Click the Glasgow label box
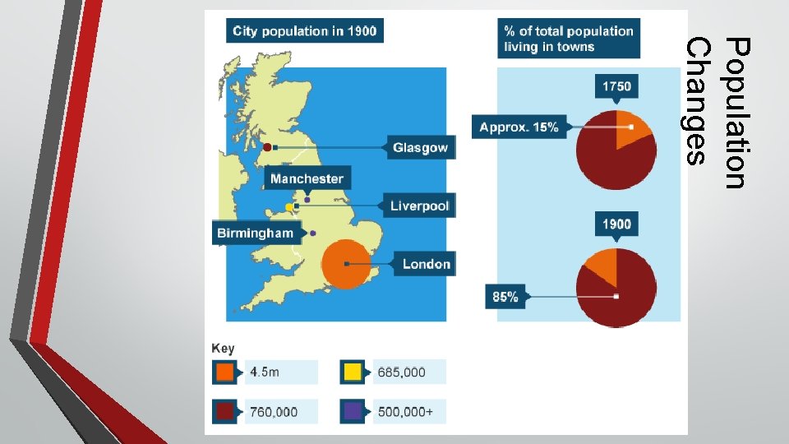pos(420,148)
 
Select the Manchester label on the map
pos(307,178)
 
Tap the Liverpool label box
pos(419,206)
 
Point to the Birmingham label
pos(255,233)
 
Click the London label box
pos(426,264)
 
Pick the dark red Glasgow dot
pos(267,147)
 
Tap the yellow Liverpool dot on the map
pos(288,206)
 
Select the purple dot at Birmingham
pos(313,234)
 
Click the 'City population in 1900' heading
pos(305,31)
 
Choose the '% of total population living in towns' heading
pos(569,39)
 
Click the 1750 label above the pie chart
pos(616,86)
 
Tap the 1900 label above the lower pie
pos(616,224)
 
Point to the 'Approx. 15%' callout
pos(519,127)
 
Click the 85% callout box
pos(506,297)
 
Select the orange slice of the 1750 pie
pos(630,124)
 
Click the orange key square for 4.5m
pos(224,372)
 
